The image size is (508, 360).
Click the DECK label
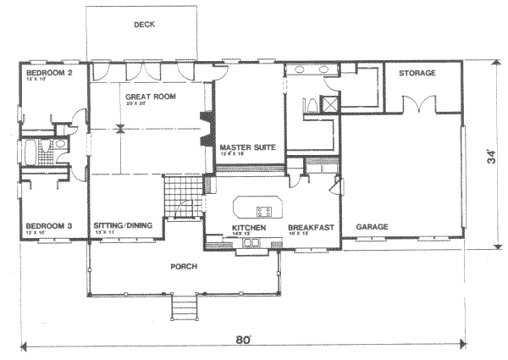pos(144,25)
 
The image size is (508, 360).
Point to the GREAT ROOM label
pos(151,97)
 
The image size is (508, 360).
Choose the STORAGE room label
pos(417,74)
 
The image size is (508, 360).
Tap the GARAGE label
pos(372,228)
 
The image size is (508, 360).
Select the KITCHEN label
pos(250,228)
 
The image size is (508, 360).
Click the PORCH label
pos(184,267)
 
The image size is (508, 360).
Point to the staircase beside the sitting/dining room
pos(180,197)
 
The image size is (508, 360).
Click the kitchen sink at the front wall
pos(251,245)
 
